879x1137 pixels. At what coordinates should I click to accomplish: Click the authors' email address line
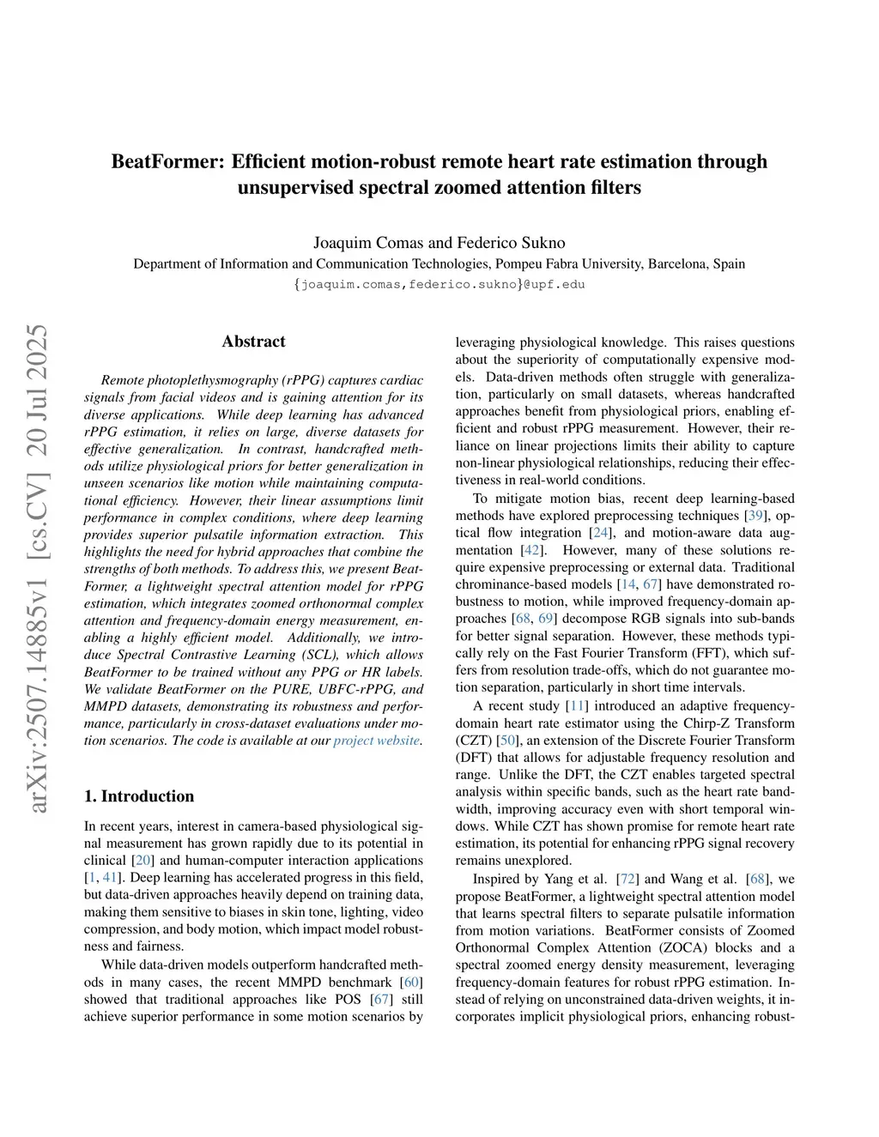click(x=439, y=284)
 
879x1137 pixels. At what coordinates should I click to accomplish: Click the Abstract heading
click(x=253, y=342)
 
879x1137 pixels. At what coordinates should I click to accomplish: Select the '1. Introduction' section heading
click(x=139, y=796)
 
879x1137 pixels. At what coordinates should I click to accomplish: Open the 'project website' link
click(x=377, y=741)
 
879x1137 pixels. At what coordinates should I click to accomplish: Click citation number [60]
click(x=412, y=982)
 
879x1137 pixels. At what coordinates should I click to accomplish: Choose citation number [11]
click(x=576, y=706)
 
